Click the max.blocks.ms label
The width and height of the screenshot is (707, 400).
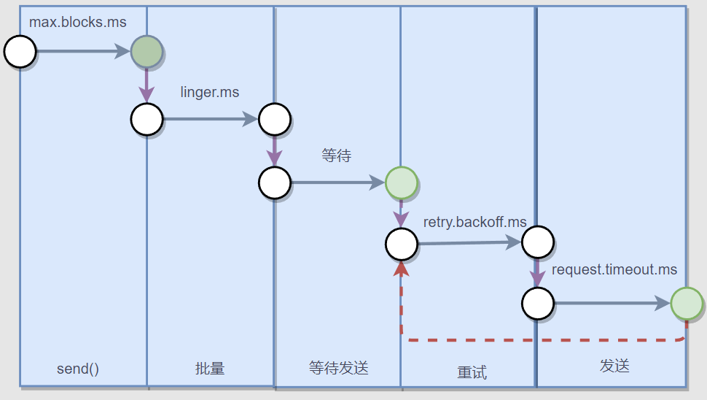pyautogui.click(x=78, y=22)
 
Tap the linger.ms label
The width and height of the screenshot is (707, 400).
pyautogui.click(x=210, y=93)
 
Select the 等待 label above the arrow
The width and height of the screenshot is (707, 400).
pyautogui.click(x=337, y=155)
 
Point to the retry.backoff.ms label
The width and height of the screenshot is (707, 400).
pyautogui.click(x=475, y=222)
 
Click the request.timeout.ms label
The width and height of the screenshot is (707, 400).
pyautogui.click(x=614, y=270)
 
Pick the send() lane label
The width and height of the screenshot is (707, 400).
pyautogui.click(x=78, y=369)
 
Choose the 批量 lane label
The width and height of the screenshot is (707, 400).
pyautogui.click(x=210, y=369)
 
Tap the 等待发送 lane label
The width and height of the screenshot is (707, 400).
pyautogui.click(x=339, y=368)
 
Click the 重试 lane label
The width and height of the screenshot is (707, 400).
pyautogui.click(x=472, y=372)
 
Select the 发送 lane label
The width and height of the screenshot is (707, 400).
pyautogui.click(x=614, y=366)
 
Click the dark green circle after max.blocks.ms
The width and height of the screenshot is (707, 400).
pyautogui.click(x=147, y=52)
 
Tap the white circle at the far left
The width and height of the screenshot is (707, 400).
pyautogui.click(x=20, y=52)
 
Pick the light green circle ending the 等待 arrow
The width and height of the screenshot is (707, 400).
pyautogui.click(x=401, y=182)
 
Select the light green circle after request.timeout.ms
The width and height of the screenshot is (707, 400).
pyautogui.click(x=687, y=304)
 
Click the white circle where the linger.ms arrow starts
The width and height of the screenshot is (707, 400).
pyautogui.click(x=147, y=119)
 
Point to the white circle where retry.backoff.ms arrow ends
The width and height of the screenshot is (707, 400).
pyautogui.click(x=538, y=242)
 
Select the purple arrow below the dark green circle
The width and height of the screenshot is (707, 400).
pyautogui.click(x=147, y=86)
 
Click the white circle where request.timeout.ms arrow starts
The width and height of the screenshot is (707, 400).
pyautogui.click(x=538, y=304)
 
